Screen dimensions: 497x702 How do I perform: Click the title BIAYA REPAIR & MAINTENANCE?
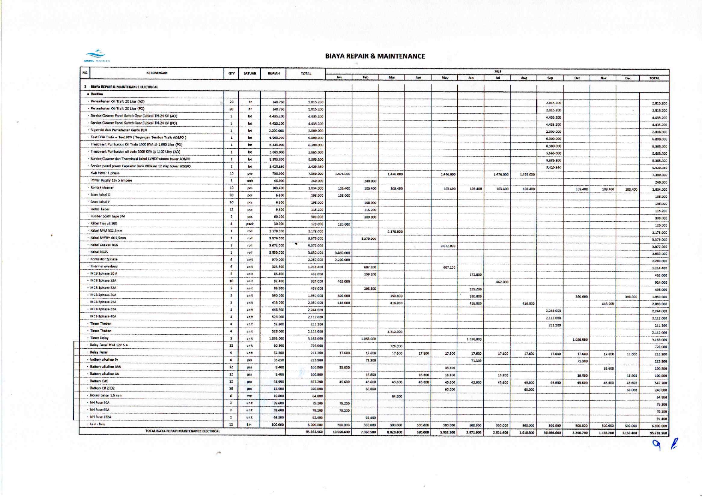[x=375, y=56]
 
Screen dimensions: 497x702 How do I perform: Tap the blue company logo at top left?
[x=96, y=55]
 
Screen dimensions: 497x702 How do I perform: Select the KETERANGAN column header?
[x=157, y=73]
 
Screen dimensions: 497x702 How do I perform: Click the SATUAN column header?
[x=249, y=74]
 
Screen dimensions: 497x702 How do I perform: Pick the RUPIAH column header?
[x=273, y=74]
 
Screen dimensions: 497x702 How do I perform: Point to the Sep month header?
[x=550, y=78]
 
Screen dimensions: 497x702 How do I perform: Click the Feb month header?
[x=365, y=77]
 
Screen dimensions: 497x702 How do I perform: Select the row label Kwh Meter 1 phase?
[x=105, y=173]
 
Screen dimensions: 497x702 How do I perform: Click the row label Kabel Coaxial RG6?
[x=104, y=245]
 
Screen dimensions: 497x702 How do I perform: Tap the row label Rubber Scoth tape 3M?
[x=107, y=216]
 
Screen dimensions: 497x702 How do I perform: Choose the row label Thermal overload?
[x=104, y=267]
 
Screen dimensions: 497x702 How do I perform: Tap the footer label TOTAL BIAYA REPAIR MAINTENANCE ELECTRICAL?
[x=182, y=431]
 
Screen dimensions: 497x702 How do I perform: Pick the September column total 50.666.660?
[x=552, y=433]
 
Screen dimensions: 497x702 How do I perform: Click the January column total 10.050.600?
[x=341, y=432]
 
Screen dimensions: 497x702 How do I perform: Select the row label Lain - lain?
[x=97, y=424]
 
